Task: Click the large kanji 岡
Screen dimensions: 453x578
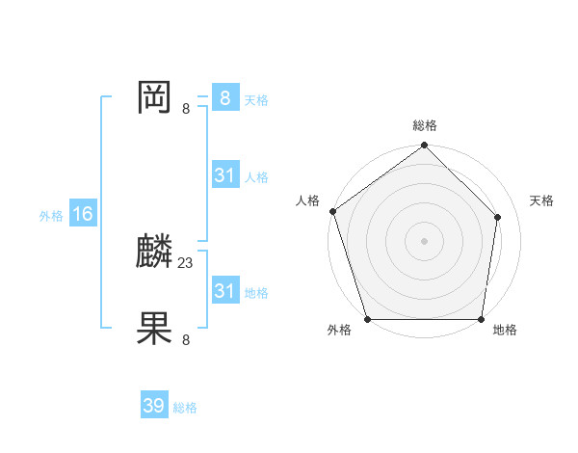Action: (x=154, y=97)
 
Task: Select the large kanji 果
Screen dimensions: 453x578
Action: (x=154, y=328)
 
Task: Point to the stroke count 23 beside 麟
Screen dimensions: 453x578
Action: (x=186, y=262)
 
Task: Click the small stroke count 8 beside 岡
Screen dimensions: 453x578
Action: (x=186, y=108)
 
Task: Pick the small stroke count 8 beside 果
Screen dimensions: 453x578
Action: (x=186, y=339)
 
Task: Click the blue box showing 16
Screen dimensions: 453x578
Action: (x=82, y=214)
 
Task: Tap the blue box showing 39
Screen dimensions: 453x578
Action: (x=154, y=406)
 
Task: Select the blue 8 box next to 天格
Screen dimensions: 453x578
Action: (x=224, y=98)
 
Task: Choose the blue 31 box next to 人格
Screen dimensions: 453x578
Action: (x=224, y=175)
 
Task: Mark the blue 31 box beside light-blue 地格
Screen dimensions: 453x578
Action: (x=224, y=291)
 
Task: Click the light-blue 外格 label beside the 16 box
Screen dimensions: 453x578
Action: (x=51, y=216)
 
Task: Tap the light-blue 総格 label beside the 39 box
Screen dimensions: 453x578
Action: (x=185, y=408)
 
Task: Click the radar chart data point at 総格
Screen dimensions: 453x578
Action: (x=424, y=147)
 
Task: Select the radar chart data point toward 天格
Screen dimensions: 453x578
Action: (x=498, y=217)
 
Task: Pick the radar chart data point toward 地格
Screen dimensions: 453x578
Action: (x=481, y=319)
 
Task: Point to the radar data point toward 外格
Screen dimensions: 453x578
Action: (x=367, y=319)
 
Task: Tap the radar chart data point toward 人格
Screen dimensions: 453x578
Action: (x=332, y=211)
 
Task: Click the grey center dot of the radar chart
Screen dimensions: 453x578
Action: (x=424, y=241)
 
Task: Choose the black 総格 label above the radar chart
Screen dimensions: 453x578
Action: (x=424, y=125)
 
